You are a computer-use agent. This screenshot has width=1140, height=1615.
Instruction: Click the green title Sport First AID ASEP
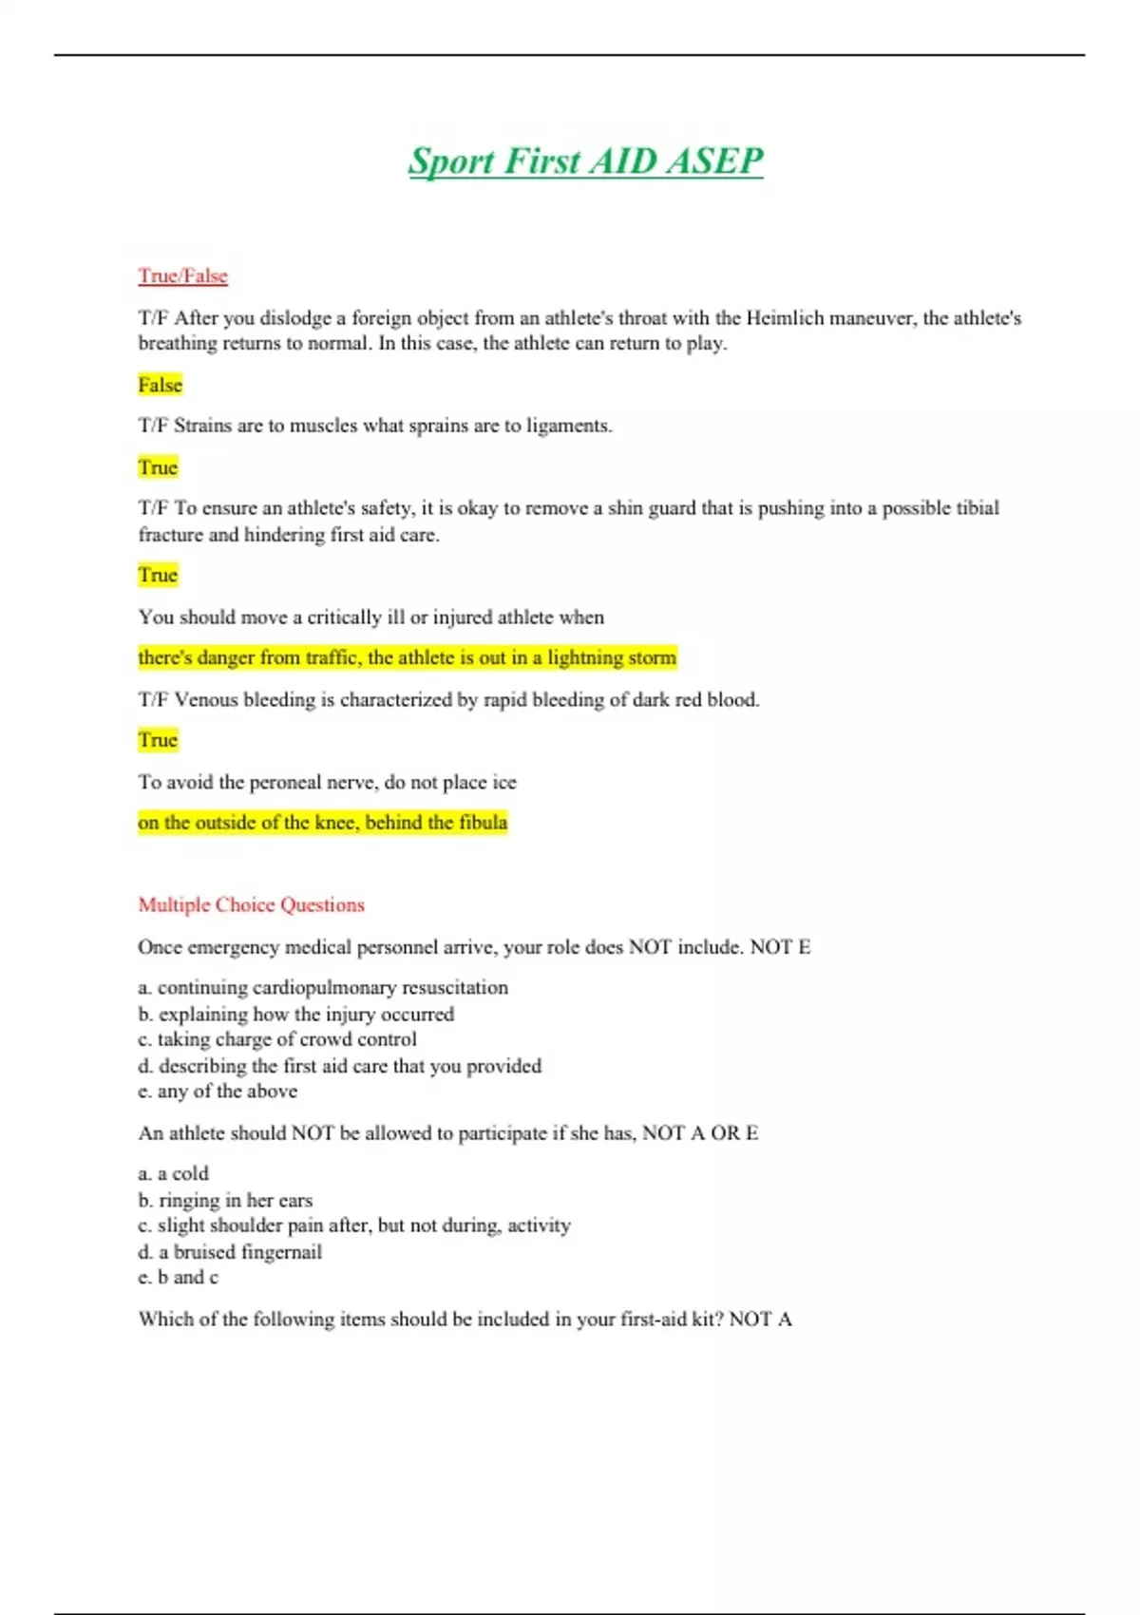coord(585,161)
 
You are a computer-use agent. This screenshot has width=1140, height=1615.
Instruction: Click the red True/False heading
coord(182,276)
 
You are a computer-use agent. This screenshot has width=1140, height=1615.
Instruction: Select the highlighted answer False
coord(160,385)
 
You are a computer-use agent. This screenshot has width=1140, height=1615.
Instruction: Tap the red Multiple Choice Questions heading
coord(251,904)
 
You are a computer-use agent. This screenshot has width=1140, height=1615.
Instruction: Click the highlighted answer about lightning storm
coord(407,657)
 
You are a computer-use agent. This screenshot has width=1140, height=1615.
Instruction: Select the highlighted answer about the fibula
coord(322,823)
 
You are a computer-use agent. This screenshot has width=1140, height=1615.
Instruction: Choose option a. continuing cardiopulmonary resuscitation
coord(323,987)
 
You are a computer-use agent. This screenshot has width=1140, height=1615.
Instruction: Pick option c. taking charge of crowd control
coord(277,1039)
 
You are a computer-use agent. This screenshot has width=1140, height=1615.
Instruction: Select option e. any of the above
coord(218,1092)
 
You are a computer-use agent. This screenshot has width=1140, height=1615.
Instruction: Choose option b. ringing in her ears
coord(225,1200)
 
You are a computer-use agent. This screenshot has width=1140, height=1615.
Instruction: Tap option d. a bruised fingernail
coord(230,1252)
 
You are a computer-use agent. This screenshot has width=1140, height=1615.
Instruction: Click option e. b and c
coord(179,1278)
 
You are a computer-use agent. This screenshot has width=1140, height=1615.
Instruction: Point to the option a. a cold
coord(173,1173)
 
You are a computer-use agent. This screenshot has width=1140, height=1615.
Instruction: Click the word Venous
coord(206,700)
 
